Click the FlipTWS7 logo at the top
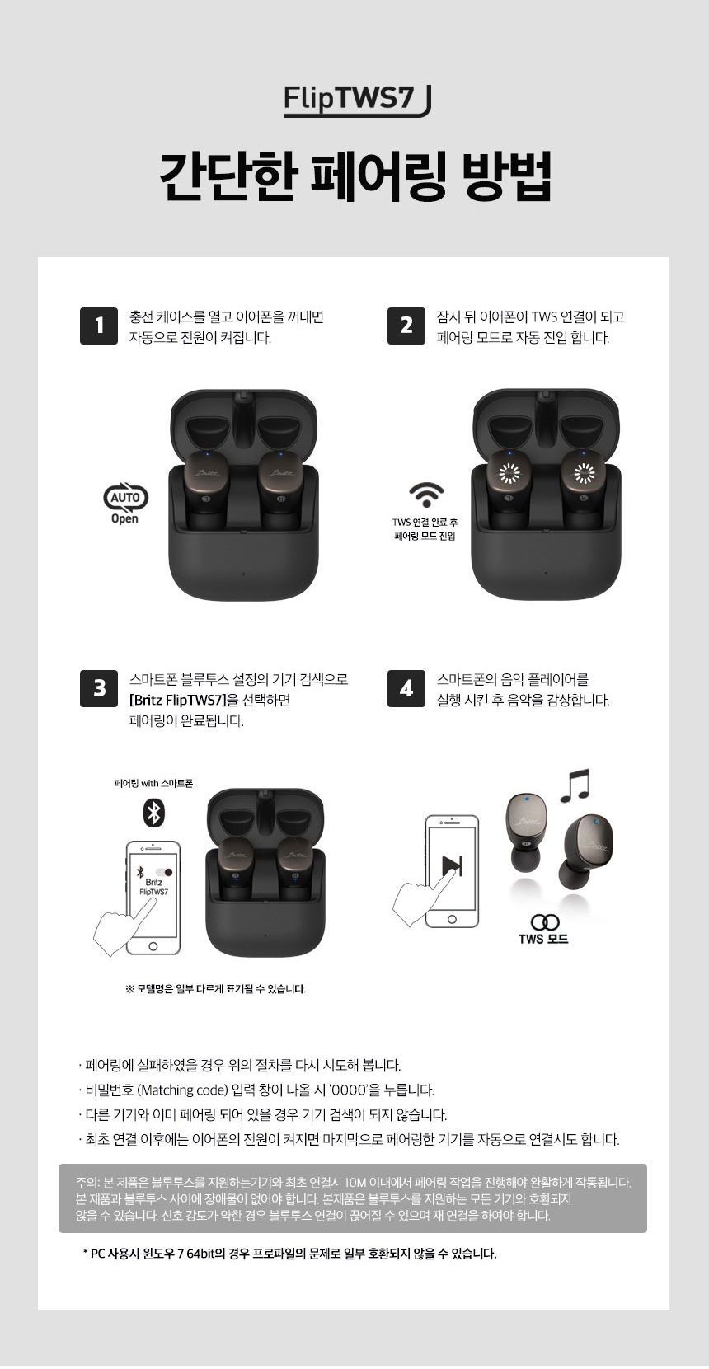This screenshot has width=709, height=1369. point(358,101)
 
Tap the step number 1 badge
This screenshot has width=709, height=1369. point(99,326)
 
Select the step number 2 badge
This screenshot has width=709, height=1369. point(406,326)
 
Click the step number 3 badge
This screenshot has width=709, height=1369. point(99,689)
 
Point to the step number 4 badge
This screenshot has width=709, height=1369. point(406,689)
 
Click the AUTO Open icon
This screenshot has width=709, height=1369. point(125,504)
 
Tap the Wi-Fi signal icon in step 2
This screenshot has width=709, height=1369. point(426,495)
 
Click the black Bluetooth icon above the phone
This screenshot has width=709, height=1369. point(153,813)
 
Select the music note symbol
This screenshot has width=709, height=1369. point(575,785)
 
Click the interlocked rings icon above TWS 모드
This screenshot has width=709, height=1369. point(545,921)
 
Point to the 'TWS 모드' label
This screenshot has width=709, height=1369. point(543,938)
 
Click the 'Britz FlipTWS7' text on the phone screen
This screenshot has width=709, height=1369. point(153,887)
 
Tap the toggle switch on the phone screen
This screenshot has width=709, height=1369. point(164,872)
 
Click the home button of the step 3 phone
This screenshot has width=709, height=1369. point(153,946)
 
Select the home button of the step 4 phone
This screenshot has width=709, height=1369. point(452,919)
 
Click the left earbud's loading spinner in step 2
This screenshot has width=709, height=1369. point(509,472)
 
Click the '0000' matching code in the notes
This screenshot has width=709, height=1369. point(349,1090)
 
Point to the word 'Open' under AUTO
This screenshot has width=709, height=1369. point(124,519)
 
